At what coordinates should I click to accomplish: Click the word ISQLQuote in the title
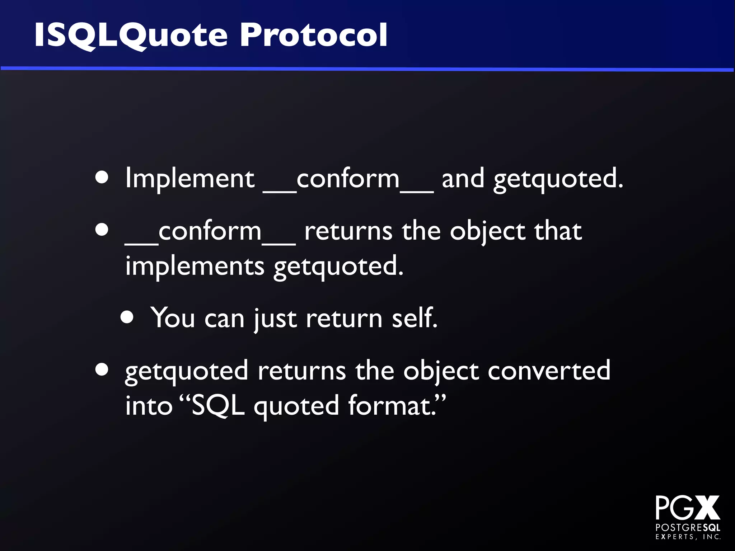(131, 35)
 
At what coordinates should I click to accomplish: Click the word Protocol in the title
(314, 35)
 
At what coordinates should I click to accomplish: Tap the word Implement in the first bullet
(189, 179)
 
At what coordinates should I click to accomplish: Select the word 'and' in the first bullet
(463, 179)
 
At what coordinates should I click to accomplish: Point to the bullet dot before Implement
(102, 177)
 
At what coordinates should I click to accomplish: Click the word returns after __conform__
(348, 231)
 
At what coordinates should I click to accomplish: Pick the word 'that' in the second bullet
(558, 231)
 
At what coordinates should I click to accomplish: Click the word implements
(195, 266)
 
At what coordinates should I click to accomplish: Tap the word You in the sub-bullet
(172, 318)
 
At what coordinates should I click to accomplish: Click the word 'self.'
(414, 318)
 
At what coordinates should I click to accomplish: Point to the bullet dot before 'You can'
(127, 317)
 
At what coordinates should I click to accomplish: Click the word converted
(549, 371)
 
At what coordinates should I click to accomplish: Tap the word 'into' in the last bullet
(149, 406)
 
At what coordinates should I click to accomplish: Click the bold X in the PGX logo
(706, 508)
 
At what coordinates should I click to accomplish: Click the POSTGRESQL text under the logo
(688, 528)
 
